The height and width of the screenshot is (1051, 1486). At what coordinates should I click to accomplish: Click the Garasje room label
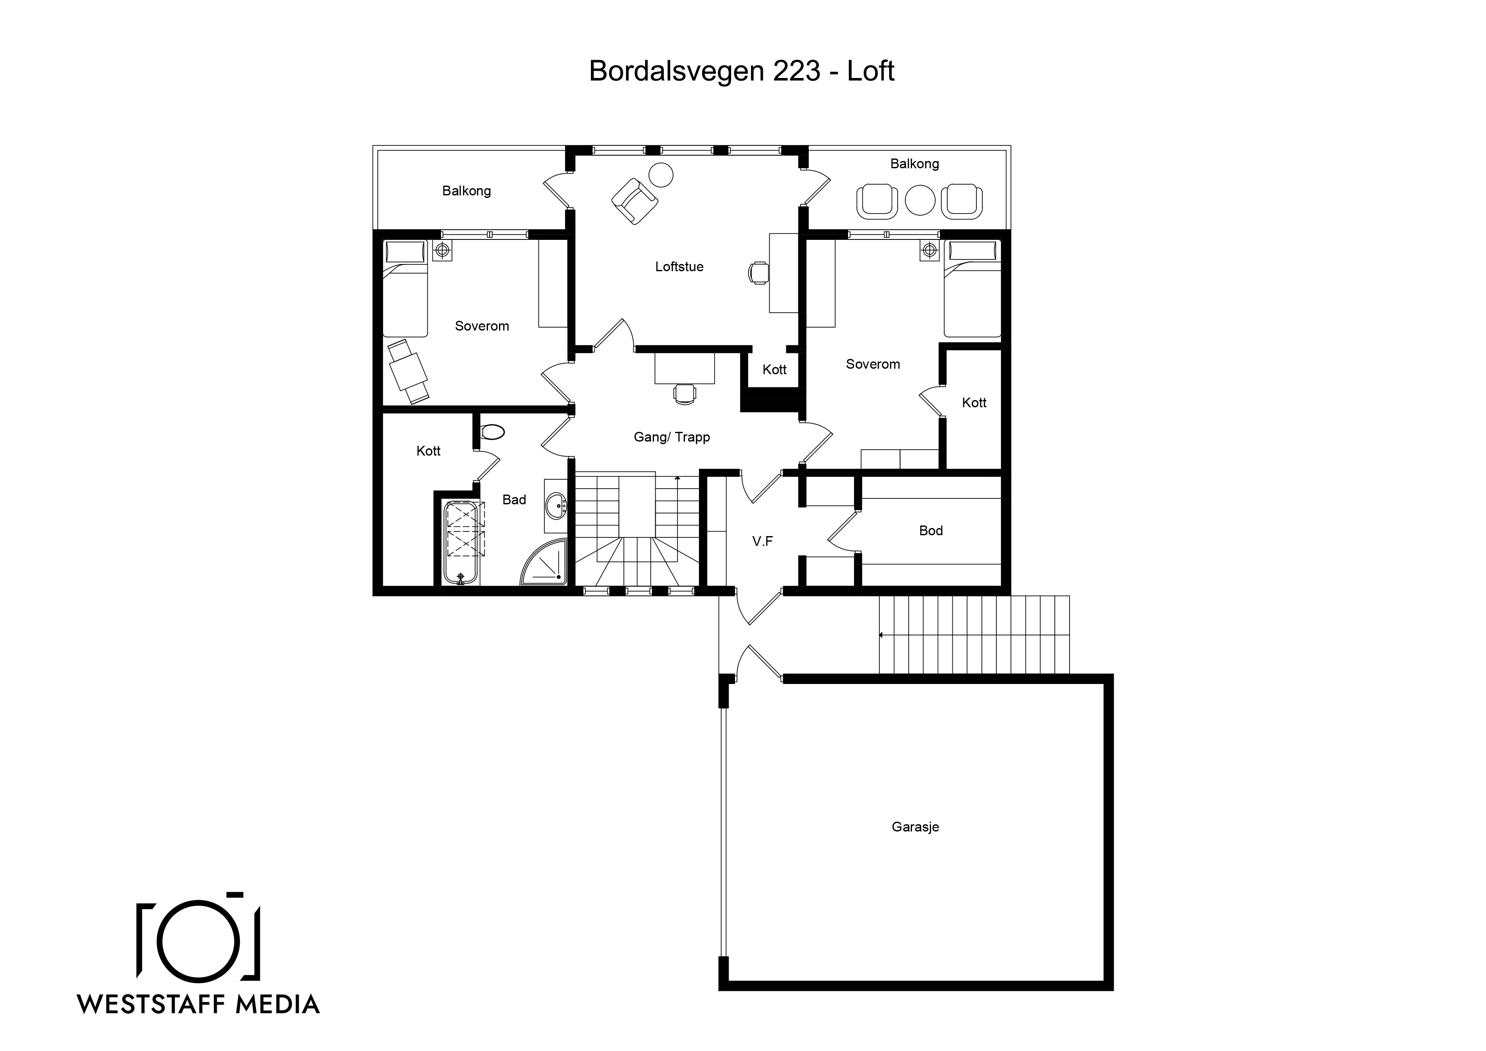coord(915,827)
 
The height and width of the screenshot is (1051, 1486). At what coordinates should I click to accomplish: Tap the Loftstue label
coord(679,266)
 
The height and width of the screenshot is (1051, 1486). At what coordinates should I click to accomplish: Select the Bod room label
coord(931,530)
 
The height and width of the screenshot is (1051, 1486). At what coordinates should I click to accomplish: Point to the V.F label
coord(762,541)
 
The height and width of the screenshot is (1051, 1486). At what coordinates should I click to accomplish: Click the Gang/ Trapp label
coord(672,437)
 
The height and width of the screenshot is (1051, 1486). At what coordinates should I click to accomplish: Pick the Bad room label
coord(514,499)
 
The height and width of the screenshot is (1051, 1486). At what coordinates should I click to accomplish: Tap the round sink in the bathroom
coord(556,506)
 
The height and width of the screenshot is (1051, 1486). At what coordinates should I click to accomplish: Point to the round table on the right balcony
coord(920,200)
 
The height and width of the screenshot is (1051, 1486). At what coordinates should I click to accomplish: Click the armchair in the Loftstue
coord(635,201)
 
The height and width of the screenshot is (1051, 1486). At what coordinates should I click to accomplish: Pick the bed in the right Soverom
coord(973,288)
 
